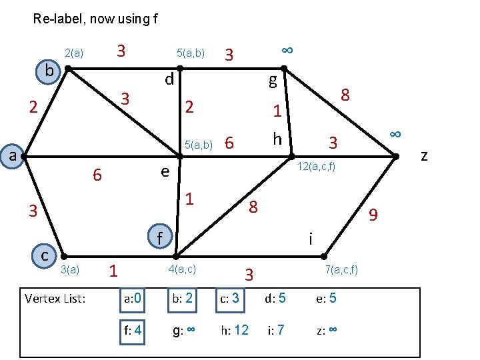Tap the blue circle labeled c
point(44,255)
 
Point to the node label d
point(169,80)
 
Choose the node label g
point(272,81)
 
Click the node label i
point(311,238)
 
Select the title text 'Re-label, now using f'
point(95,19)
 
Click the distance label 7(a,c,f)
point(341,269)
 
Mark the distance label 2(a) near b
point(74,53)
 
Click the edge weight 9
point(373,215)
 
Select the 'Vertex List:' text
point(55,298)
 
